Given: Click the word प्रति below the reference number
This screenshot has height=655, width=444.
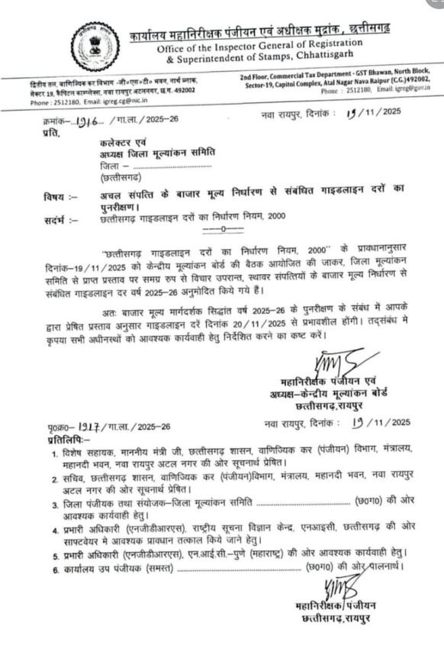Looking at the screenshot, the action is click(52, 132).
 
